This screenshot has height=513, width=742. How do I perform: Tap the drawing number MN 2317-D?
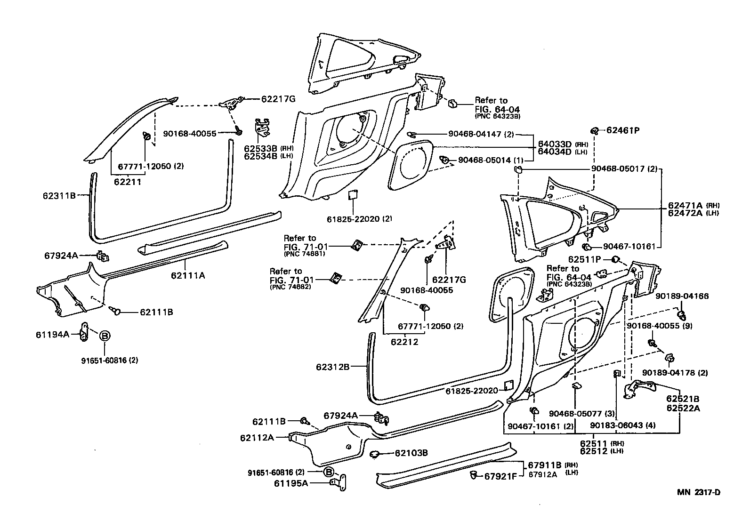click(x=699, y=493)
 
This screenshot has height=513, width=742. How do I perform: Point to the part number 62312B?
click(x=332, y=366)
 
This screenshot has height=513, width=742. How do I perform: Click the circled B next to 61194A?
click(x=105, y=336)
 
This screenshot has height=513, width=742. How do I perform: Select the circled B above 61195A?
click(x=329, y=472)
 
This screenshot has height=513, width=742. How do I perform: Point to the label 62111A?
click(x=188, y=275)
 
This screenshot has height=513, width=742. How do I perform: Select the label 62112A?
click(x=257, y=437)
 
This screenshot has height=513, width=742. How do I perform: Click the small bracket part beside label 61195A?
click(x=339, y=481)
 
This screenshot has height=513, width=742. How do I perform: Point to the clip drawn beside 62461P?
click(x=594, y=130)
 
